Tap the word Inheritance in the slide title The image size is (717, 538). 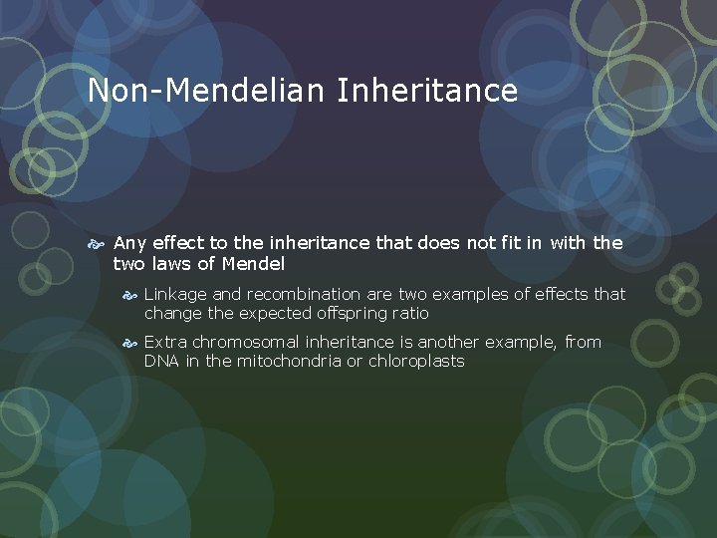(427, 91)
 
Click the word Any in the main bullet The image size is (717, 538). (130, 243)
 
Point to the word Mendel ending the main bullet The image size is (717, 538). (253, 264)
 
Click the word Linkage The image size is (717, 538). (174, 295)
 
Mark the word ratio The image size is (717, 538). (409, 313)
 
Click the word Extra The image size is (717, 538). (164, 342)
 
